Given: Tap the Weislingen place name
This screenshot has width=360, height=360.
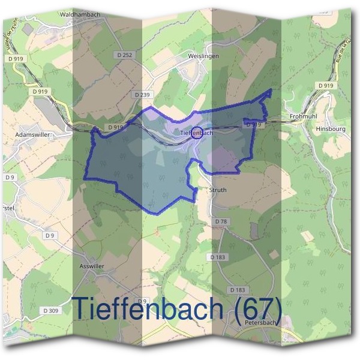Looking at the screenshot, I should click(x=203, y=56).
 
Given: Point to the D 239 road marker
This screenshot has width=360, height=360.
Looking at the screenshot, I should click(x=142, y=95).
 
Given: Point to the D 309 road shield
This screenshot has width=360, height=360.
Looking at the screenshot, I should click(x=51, y=310).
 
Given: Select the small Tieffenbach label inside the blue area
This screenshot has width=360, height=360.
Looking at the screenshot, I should click(x=197, y=133).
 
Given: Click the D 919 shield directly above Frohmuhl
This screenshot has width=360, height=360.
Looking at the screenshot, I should click(x=325, y=86).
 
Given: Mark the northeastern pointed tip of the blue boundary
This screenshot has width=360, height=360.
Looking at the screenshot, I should click(x=271, y=90).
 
